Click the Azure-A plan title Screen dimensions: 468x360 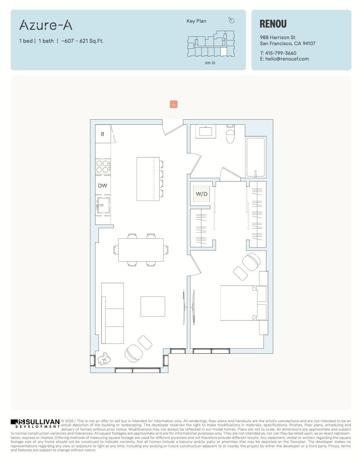(46, 25)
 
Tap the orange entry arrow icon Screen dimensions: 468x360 (173, 104)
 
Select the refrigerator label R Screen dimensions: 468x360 (103, 134)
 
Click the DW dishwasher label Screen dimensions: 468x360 (103, 186)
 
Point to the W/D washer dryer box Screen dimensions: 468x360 (201, 194)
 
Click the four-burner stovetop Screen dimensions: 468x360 (103, 166)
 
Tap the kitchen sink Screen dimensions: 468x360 (103, 205)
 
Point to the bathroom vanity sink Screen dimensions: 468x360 (208, 131)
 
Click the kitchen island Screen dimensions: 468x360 (148, 179)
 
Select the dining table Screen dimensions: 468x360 (141, 250)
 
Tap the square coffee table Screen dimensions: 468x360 (153, 306)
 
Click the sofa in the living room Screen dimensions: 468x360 (112, 313)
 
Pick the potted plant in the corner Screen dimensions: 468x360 (104, 359)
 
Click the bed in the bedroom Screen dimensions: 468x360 (238, 303)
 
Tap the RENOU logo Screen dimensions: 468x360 (273, 24)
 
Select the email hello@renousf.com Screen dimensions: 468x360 (287, 59)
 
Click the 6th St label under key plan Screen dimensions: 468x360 (210, 63)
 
